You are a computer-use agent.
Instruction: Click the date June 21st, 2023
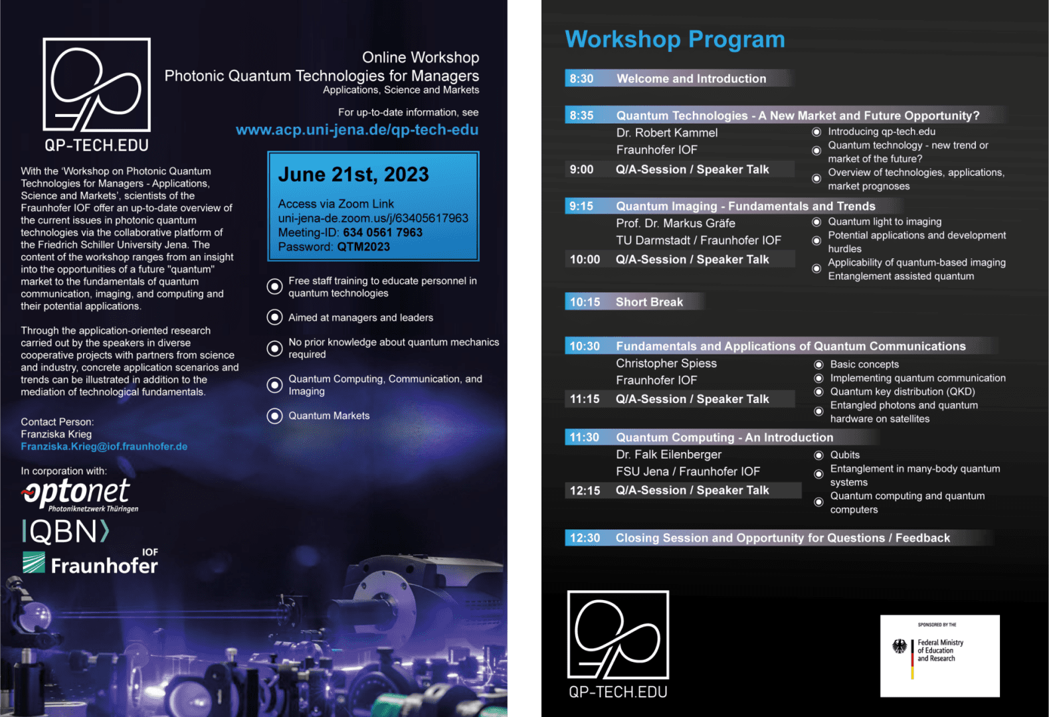353,175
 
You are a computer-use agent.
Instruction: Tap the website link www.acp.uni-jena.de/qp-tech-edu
357,129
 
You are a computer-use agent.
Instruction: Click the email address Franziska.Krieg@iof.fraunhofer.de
104,447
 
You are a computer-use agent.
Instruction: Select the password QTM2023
363,247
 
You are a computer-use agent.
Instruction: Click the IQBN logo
66,532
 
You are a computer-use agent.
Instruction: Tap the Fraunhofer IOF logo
90,562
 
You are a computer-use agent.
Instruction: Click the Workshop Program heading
675,39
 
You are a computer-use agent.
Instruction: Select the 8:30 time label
581,78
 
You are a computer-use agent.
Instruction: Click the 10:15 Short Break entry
626,302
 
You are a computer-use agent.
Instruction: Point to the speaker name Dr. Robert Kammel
667,133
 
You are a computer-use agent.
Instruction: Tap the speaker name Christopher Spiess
666,363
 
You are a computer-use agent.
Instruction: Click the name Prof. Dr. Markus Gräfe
676,223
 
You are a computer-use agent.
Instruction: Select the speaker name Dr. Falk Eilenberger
669,455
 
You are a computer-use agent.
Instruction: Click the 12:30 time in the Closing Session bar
585,538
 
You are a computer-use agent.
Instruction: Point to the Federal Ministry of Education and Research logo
940,656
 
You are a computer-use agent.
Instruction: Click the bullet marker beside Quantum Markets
274,416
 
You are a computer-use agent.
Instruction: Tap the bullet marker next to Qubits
818,455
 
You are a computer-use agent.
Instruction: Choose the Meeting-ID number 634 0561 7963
383,232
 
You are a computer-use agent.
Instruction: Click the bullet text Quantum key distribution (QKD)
902,392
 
